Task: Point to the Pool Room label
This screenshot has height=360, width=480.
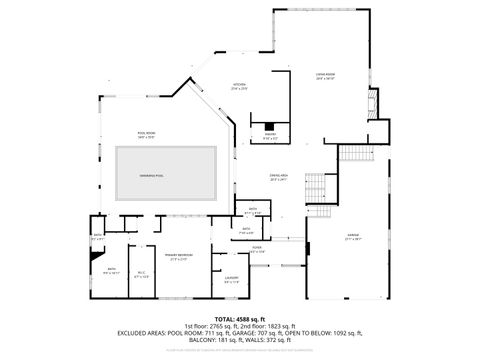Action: pyautogui.click(x=146, y=133)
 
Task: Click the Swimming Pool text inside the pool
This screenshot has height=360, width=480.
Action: pyautogui.click(x=152, y=174)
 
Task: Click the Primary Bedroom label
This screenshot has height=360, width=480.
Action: pyautogui.click(x=179, y=257)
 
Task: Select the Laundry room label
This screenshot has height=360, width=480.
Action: pyautogui.click(x=231, y=279)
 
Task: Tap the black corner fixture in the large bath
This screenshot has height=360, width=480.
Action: pyautogui.click(x=94, y=254)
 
